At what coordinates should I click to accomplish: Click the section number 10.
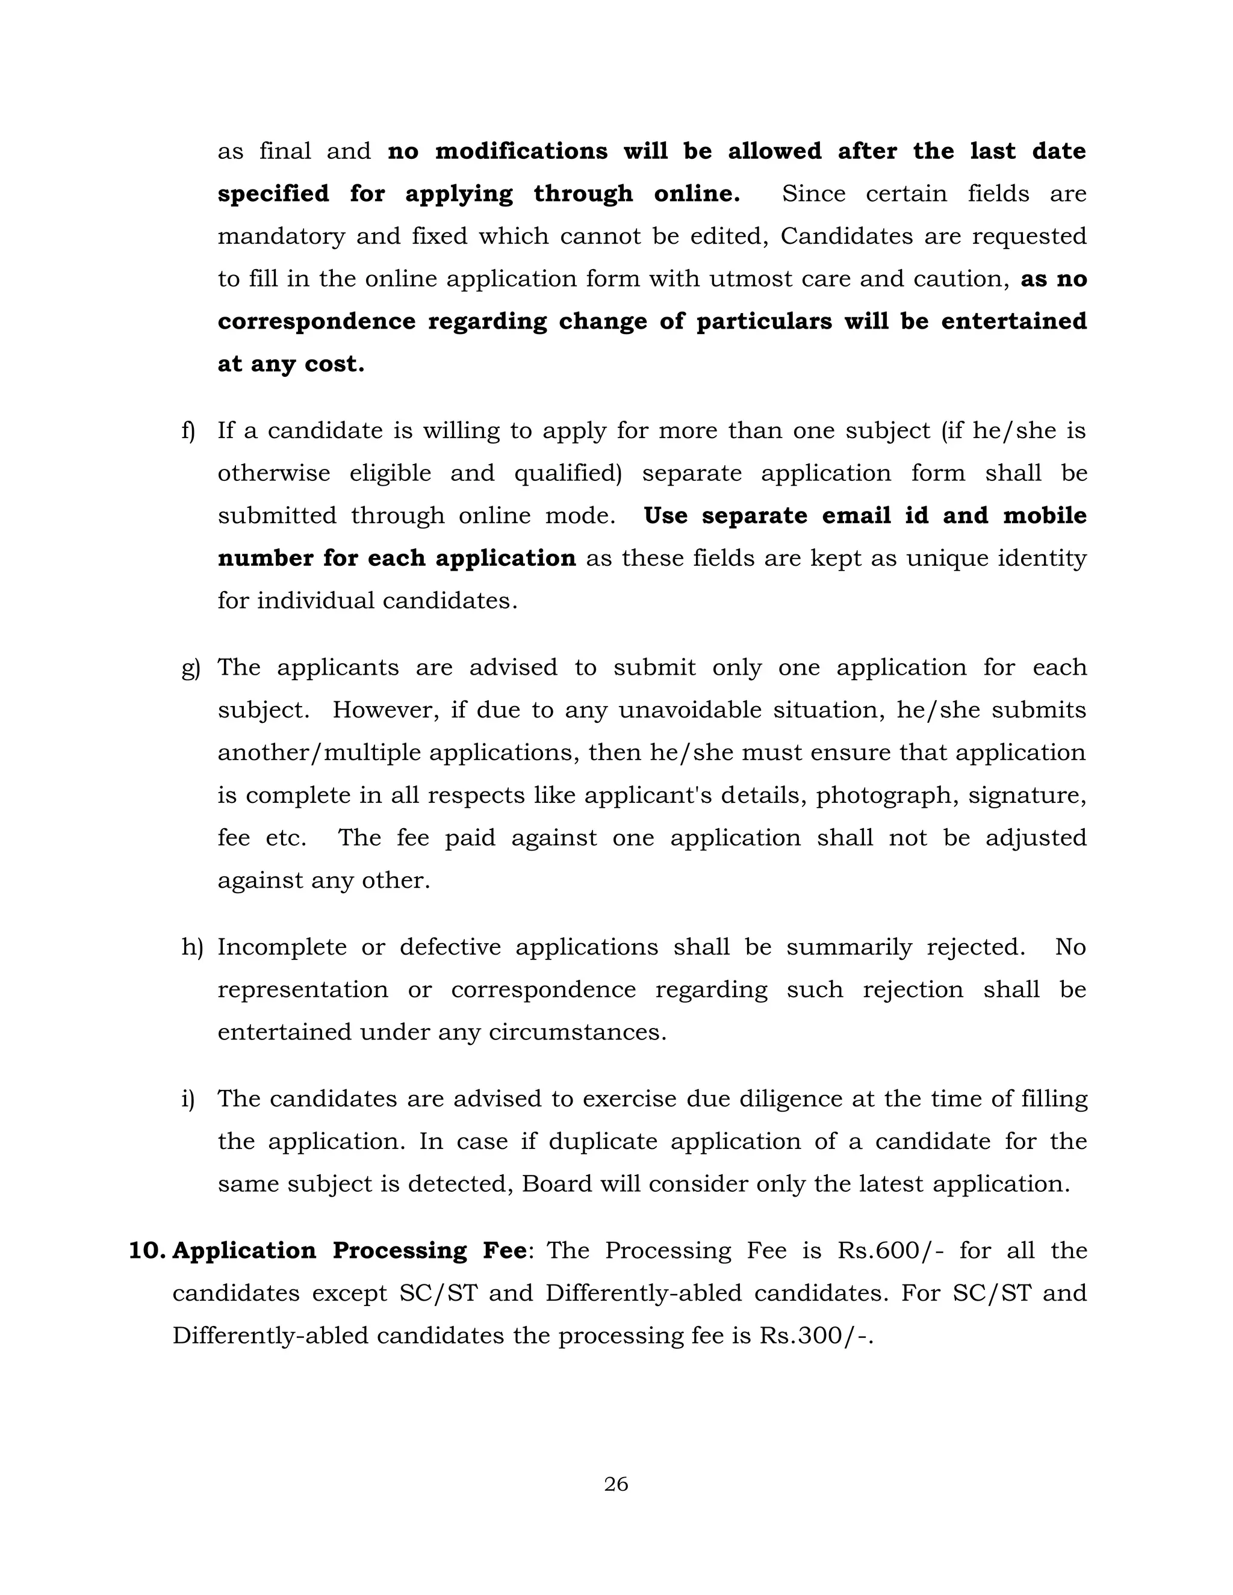148,1250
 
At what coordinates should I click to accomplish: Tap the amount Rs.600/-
890,1250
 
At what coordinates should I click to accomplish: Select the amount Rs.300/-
816,1336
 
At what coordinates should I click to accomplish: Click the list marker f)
188,431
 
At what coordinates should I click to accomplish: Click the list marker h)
192,947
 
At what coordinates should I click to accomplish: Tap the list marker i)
188,1099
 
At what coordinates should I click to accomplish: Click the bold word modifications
521,151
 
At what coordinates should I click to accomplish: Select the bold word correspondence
316,322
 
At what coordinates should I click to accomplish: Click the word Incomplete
281,947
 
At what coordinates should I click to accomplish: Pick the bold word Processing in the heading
400,1250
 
